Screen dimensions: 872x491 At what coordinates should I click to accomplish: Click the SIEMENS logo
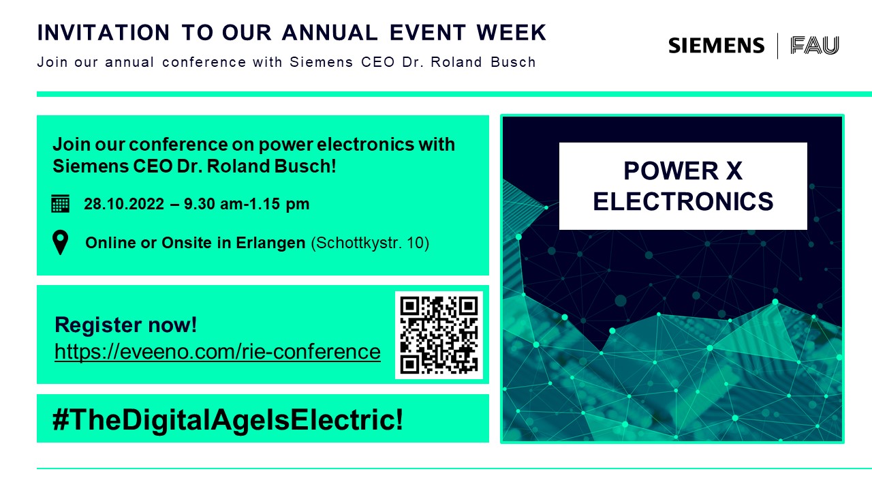coord(716,46)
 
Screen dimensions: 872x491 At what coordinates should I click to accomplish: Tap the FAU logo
coord(814,46)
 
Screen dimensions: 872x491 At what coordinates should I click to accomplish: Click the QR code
coord(439,335)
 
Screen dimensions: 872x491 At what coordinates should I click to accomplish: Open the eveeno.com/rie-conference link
coord(217,351)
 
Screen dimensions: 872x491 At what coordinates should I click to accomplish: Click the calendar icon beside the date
coord(61,203)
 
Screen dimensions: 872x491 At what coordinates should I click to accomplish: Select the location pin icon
coord(61,242)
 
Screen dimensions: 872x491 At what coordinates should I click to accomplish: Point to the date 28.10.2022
coord(124,204)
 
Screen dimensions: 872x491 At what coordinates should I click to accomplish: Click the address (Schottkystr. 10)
coord(370,243)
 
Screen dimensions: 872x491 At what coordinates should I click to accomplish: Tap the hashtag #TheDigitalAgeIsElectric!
coord(228,419)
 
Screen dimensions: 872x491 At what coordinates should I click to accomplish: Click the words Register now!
coord(126,325)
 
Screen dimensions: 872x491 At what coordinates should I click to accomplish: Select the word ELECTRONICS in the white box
coord(683,201)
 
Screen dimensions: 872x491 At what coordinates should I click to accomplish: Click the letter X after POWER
coord(734,170)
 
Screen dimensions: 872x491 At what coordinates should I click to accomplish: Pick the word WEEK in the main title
coord(512,32)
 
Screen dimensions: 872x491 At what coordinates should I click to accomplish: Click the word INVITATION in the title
coord(104,32)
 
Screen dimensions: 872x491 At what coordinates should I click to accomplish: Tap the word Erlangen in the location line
coord(270,243)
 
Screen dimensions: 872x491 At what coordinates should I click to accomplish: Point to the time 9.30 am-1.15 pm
coord(247,204)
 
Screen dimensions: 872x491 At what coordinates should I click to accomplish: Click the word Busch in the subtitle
coord(513,62)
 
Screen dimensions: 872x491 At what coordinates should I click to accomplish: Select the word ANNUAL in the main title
coord(330,32)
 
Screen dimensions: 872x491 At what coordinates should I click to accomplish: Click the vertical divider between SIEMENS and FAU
coord(777,46)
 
